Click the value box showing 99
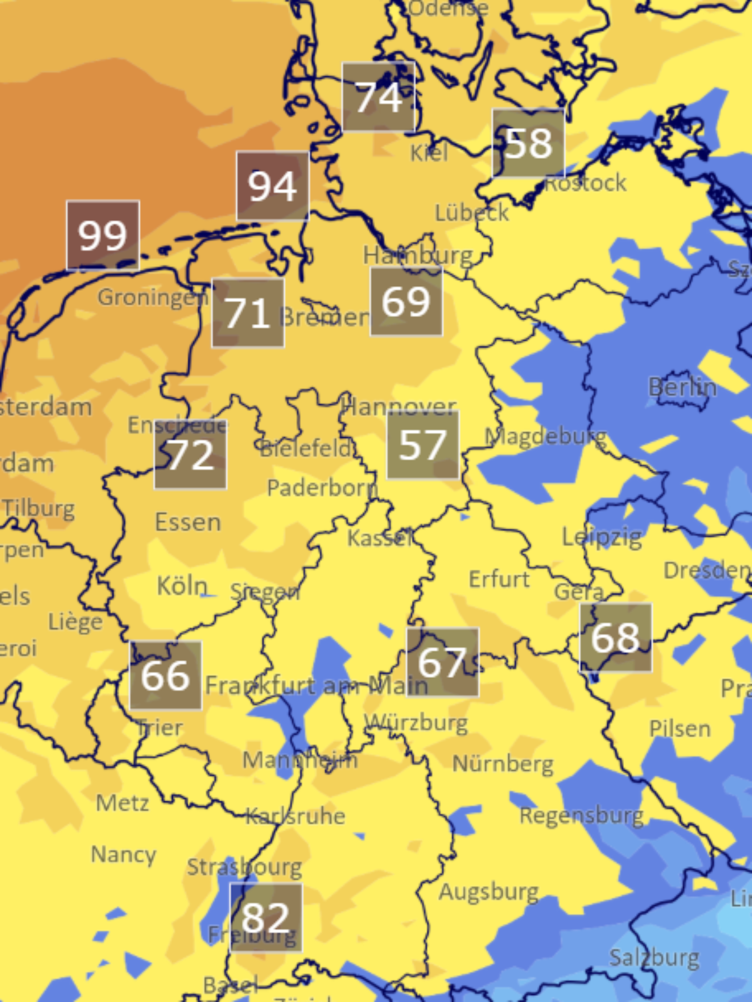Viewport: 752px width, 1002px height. click(103, 235)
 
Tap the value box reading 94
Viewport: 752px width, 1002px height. click(273, 186)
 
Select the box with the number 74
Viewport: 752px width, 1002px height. click(379, 96)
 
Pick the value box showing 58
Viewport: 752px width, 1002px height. click(529, 143)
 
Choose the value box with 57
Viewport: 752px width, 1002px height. click(423, 445)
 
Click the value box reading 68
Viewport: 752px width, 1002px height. click(616, 637)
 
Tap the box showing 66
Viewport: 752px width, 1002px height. click(165, 675)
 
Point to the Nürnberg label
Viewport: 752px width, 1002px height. click(503, 764)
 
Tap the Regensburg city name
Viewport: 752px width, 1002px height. click(582, 816)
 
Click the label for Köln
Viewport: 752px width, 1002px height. click(182, 586)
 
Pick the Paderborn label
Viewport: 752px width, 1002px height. click(322, 488)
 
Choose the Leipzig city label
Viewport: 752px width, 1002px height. click(602, 537)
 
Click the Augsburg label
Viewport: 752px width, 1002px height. click(489, 892)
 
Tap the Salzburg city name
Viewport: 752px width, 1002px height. click(654, 957)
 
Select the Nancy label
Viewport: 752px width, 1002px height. click(123, 855)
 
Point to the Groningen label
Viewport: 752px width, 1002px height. click(153, 297)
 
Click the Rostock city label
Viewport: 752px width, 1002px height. click(585, 183)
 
